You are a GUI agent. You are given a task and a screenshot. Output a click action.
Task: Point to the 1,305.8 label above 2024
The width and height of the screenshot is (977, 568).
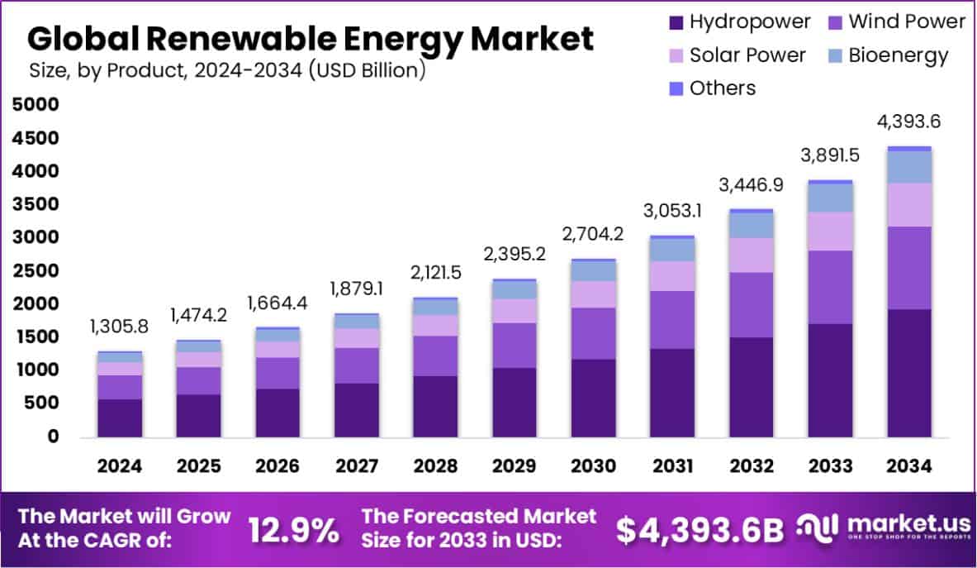(119, 327)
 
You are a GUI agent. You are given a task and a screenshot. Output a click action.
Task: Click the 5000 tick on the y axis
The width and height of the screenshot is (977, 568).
(36, 105)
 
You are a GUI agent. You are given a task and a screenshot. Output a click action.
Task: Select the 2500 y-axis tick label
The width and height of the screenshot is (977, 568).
(36, 271)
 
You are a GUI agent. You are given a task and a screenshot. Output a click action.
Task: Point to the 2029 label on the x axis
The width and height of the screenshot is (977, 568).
(515, 466)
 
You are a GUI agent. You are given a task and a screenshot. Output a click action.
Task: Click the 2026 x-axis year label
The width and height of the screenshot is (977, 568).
(277, 466)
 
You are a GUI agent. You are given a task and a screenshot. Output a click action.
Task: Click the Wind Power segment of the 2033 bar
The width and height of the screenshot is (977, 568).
(830, 287)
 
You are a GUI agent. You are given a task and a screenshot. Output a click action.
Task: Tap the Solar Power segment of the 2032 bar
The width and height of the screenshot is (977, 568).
(752, 255)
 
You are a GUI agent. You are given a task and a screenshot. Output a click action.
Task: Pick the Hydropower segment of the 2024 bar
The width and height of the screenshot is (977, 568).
(120, 418)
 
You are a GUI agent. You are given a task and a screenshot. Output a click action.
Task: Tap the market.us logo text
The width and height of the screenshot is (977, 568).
(900, 526)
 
